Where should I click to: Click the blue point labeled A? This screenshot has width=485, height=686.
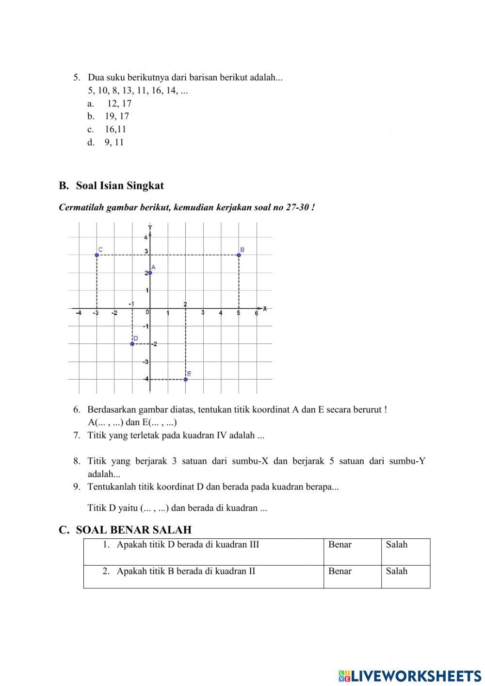click(x=150, y=272)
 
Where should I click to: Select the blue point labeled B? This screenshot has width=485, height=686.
click(x=239, y=255)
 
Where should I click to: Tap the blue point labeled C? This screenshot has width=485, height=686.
click(x=97, y=255)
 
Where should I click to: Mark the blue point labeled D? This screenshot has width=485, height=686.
click(x=132, y=344)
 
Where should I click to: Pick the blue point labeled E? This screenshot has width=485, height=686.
click(x=186, y=379)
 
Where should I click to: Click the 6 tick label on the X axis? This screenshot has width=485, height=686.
click(x=257, y=314)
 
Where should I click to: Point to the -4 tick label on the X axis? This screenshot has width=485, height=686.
click(x=79, y=314)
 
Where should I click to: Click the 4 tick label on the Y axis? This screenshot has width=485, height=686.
click(x=145, y=237)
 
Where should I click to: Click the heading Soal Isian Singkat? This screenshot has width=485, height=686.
click(x=119, y=185)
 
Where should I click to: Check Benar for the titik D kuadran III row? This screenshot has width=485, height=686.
click(x=340, y=545)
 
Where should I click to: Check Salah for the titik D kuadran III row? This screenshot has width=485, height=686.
click(x=397, y=545)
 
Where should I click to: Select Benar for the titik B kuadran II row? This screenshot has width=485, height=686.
click(x=340, y=571)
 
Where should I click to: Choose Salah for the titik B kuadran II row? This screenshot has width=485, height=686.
click(x=397, y=571)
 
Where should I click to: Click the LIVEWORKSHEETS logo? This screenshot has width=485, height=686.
click(x=410, y=675)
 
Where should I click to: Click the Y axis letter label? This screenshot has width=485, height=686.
click(x=150, y=227)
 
